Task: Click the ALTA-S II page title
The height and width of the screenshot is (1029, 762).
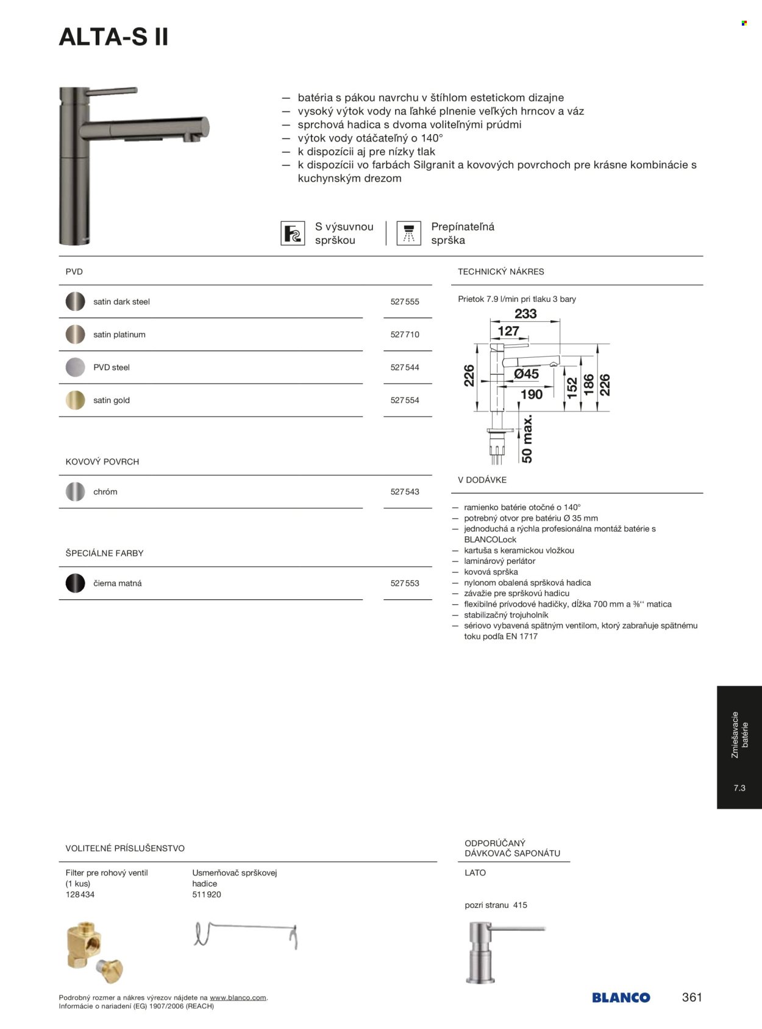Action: click(113, 38)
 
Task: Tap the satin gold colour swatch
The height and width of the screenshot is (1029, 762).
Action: click(75, 401)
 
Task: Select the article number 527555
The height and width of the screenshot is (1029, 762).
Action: click(405, 302)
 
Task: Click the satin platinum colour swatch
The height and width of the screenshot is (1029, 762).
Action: click(75, 335)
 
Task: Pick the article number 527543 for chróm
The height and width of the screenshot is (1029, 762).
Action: click(405, 492)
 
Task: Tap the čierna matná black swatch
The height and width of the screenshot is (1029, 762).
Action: click(75, 583)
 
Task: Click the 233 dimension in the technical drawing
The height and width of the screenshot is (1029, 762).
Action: click(525, 314)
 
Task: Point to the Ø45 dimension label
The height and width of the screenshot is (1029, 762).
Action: click(526, 374)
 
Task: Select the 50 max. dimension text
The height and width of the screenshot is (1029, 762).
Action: click(527, 438)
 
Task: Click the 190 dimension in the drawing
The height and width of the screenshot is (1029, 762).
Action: click(532, 394)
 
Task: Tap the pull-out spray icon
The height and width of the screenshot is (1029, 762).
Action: click(293, 233)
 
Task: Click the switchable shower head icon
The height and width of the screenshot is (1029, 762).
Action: click(408, 233)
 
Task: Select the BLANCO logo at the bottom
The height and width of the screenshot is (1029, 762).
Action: click(621, 998)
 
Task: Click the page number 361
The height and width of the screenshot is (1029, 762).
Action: click(692, 997)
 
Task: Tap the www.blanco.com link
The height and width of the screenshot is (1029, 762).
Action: click(238, 998)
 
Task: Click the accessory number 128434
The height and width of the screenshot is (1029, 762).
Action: click(80, 895)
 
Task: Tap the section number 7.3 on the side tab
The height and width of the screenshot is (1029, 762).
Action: click(739, 788)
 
